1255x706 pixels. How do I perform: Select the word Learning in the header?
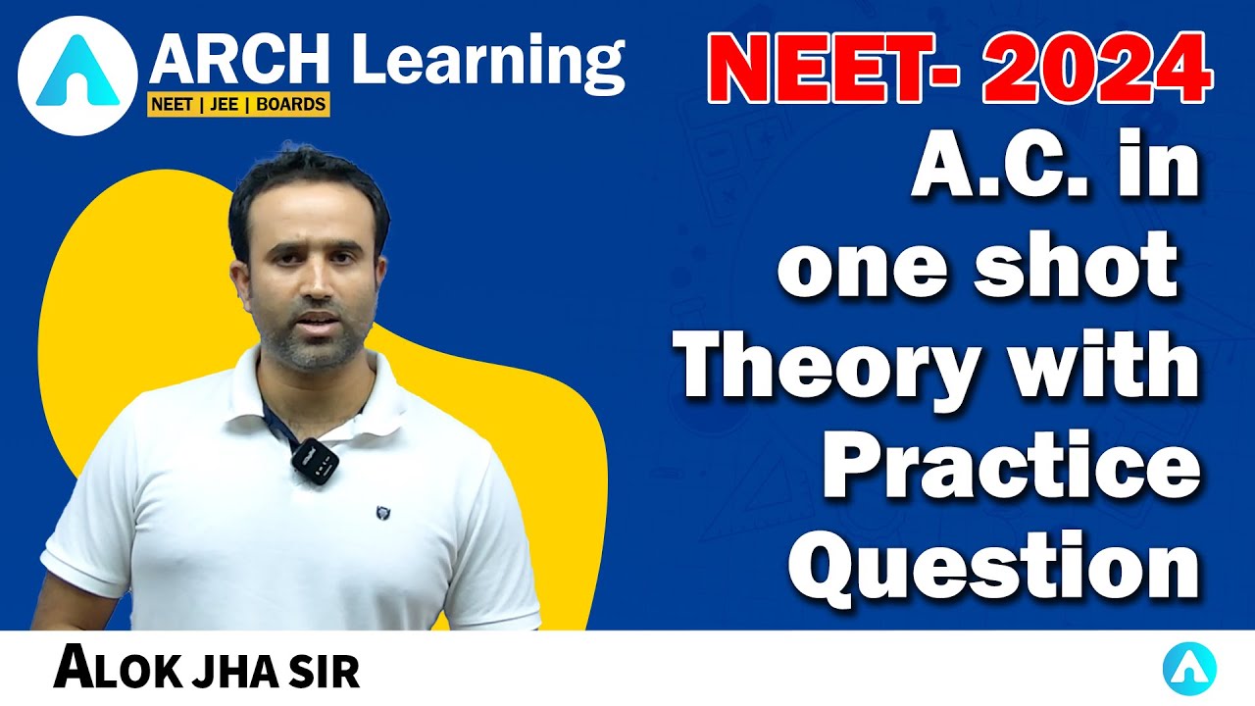pos(487,64)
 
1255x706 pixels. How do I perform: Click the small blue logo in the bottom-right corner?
pos(1189,671)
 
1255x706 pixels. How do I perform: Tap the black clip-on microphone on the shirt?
pos(314,458)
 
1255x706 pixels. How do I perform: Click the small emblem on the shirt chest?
pos(382,511)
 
